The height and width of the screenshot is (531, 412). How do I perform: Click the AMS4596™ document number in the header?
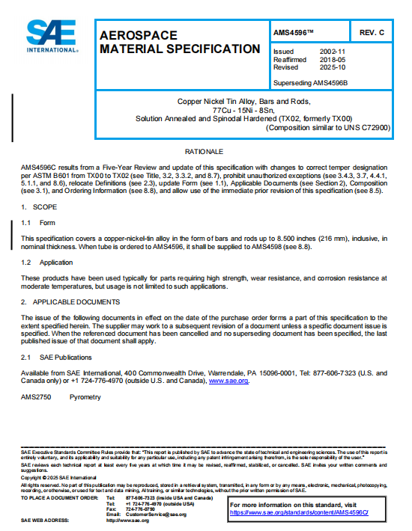coord(294,34)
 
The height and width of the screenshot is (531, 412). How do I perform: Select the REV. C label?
coord(372,34)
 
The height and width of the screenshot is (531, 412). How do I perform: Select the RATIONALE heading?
coord(205,152)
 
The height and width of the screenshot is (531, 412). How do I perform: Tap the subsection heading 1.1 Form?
coord(38,222)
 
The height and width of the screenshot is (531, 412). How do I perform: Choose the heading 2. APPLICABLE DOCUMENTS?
coord(70,302)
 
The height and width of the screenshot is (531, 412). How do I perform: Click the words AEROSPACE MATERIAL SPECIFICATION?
coord(180,42)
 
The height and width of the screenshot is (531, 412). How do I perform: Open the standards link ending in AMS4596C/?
coord(299,512)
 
